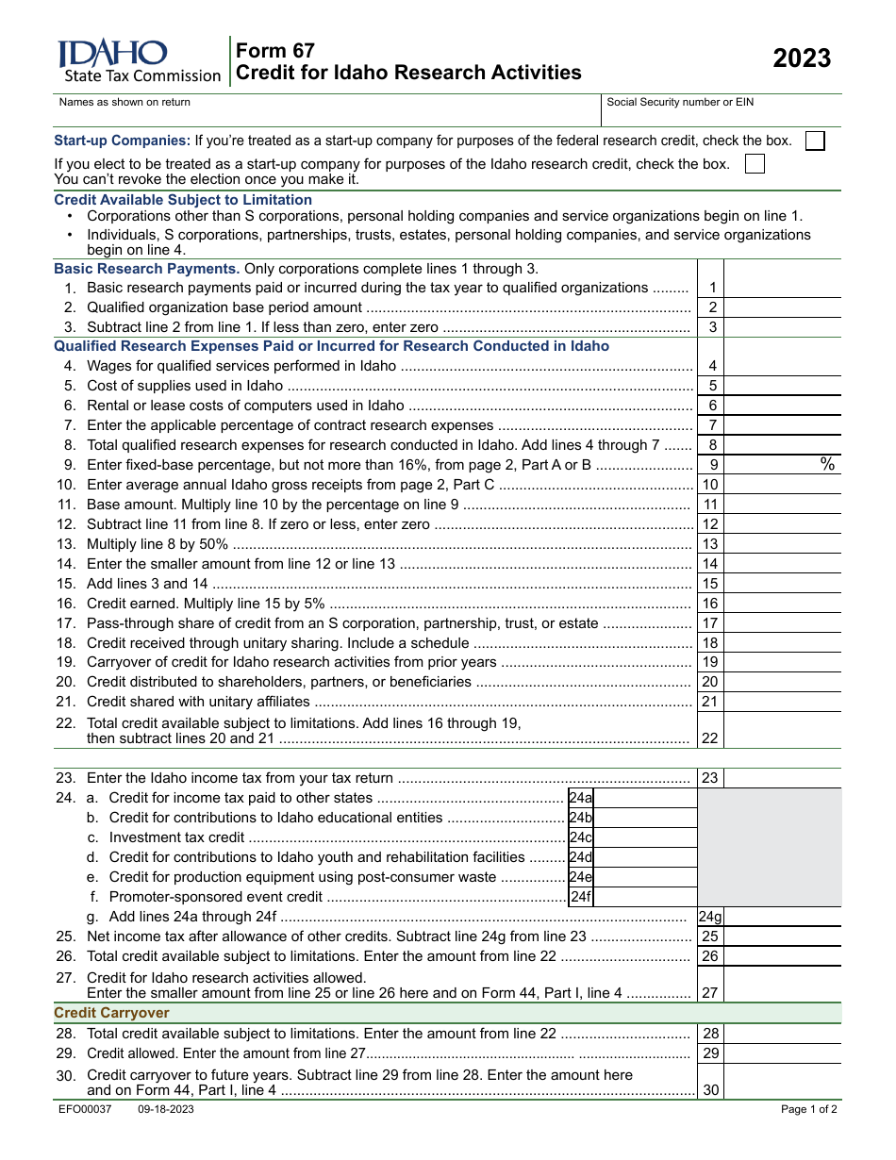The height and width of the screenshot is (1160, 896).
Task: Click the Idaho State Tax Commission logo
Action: pos(139,61)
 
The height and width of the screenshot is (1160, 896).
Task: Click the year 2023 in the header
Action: pos(802,58)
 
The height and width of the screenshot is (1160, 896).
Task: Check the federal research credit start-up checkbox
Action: pos(815,141)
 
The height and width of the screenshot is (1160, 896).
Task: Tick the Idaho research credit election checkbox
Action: pos(755,164)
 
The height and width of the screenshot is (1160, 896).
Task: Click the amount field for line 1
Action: pos(782,288)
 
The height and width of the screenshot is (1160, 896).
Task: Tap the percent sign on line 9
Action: pos(827,464)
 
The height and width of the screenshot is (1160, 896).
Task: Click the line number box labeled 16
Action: pos(710,604)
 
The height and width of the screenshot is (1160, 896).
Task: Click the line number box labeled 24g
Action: pos(710,917)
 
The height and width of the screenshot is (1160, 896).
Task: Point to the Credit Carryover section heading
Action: pos(112,1013)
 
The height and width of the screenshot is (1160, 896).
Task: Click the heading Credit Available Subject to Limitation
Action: pos(183,200)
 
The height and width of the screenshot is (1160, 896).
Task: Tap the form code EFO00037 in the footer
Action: pos(85,1109)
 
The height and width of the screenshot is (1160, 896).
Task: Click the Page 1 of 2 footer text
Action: pos(808,1109)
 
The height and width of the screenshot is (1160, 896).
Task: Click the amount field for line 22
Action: pos(782,732)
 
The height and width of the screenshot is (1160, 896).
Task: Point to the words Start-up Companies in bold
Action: pos(123,141)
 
